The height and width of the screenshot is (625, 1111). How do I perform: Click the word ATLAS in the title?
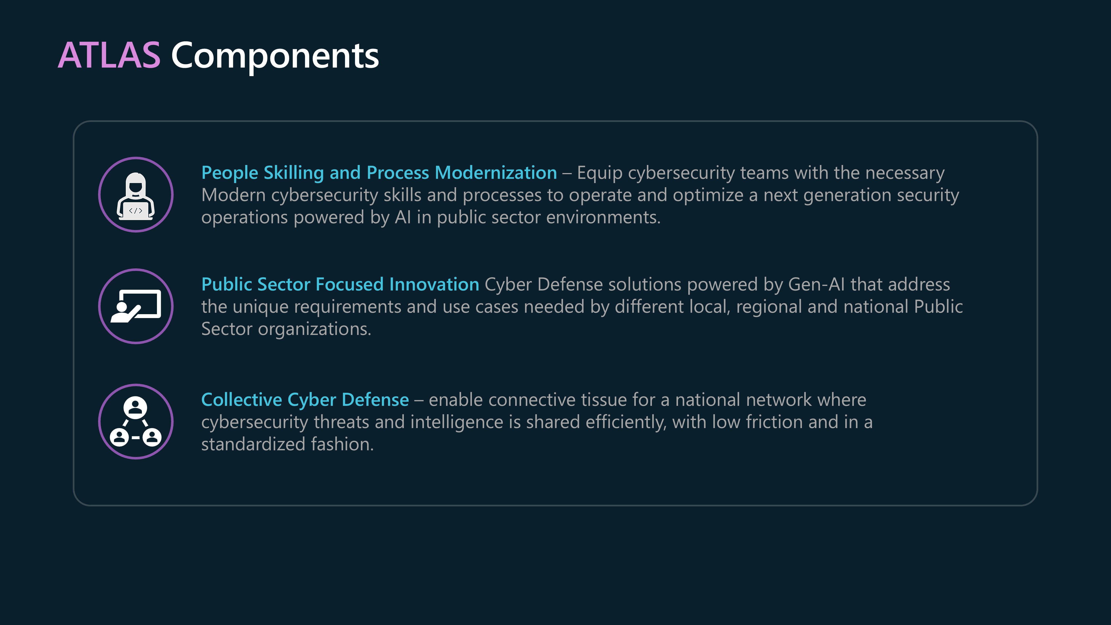coord(109,55)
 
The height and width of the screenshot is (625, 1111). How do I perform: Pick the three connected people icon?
coord(136,421)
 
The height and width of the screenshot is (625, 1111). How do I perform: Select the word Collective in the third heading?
coord(242,399)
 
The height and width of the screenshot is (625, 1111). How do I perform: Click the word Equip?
coord(600,173)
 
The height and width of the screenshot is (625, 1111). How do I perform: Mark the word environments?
coord(603,217)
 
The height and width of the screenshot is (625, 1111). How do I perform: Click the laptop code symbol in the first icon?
coord(136,211)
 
